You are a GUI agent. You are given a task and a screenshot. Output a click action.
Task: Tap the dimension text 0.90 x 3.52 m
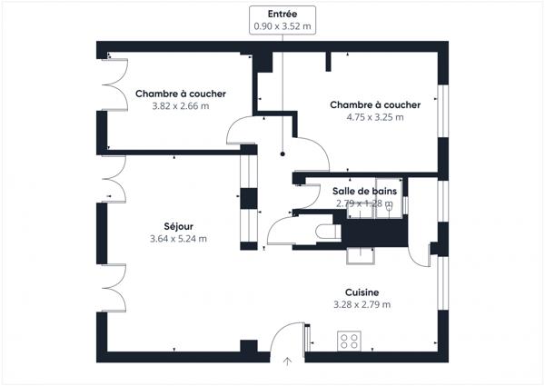coord(282,27)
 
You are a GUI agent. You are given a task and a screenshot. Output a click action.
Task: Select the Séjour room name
coord(178,226)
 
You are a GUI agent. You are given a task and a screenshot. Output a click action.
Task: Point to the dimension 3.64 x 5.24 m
coord(178,239)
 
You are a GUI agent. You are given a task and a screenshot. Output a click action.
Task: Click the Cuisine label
coord(362,292)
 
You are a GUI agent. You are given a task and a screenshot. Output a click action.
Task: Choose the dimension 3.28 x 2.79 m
coord(362,304)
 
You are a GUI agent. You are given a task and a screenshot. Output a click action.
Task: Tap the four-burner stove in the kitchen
coord(349,342)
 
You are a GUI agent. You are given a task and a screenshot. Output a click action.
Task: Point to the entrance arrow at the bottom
coord(288,361)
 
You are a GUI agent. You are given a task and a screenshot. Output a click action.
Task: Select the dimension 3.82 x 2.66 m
coord(181,106)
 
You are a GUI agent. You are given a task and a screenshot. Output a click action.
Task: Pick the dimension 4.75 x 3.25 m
coord(375,117)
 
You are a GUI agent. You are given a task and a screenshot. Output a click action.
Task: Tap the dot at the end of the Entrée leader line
coord(282,154)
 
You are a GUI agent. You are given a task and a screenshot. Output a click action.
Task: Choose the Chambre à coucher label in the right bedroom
coord(375,104)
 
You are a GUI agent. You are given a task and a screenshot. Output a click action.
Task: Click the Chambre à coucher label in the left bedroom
coord(181,94)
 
